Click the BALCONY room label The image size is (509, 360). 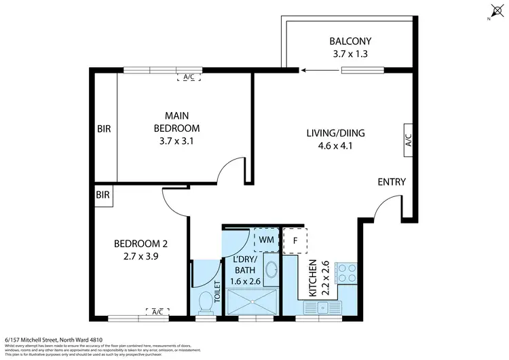(x=351, y=41)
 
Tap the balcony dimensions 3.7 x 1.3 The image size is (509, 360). (x=351, y=53)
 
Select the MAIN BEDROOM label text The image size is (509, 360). (x=176, y=122)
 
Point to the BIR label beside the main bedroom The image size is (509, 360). (x=104, y=128)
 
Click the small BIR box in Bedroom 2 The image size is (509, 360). (x=103, y=195)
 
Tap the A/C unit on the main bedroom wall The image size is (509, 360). (x=189, y=77)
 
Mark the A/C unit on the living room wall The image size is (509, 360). (x=409, y=140)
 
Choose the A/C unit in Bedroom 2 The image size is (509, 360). (x=157, y=312)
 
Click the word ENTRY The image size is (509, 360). (x=392, y=182)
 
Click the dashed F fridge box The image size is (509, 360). (x=295, y=240)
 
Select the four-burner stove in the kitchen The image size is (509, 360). (x=347, y=272)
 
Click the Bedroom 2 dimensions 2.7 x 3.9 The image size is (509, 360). (x=140, y=256)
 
